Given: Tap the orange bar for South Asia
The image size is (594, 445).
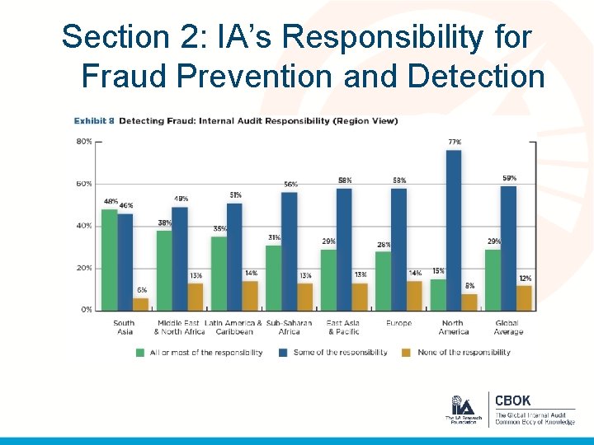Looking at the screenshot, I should (140, 303).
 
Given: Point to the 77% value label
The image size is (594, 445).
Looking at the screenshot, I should (454, 143).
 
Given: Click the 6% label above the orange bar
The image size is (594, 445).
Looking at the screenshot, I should (142, 290).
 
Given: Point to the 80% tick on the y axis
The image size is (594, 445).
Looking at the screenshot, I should (84, 142).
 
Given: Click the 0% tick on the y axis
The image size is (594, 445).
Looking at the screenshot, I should (86, 310).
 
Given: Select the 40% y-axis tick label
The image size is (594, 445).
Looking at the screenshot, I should (84, 226).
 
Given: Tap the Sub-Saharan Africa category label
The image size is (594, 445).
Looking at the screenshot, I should (289, 327).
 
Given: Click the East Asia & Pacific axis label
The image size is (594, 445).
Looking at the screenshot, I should (343, 327).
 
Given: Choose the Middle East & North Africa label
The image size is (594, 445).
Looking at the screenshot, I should (179, 327).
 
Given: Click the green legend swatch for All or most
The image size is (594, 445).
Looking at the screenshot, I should (140, 353).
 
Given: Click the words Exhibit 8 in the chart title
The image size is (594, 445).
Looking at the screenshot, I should (94, 121).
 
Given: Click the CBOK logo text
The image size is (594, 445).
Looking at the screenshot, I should (512, 401).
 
